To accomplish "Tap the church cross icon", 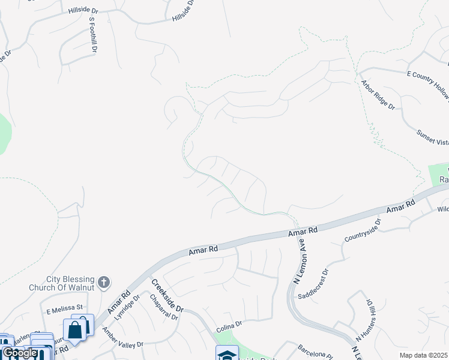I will (x=104, y=282).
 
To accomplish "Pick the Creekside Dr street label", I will (x=167, y=296).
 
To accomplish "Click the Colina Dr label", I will (x=229, y=324).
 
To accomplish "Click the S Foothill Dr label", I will (x=92, y=35).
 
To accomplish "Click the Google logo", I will (x=20, y=353).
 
